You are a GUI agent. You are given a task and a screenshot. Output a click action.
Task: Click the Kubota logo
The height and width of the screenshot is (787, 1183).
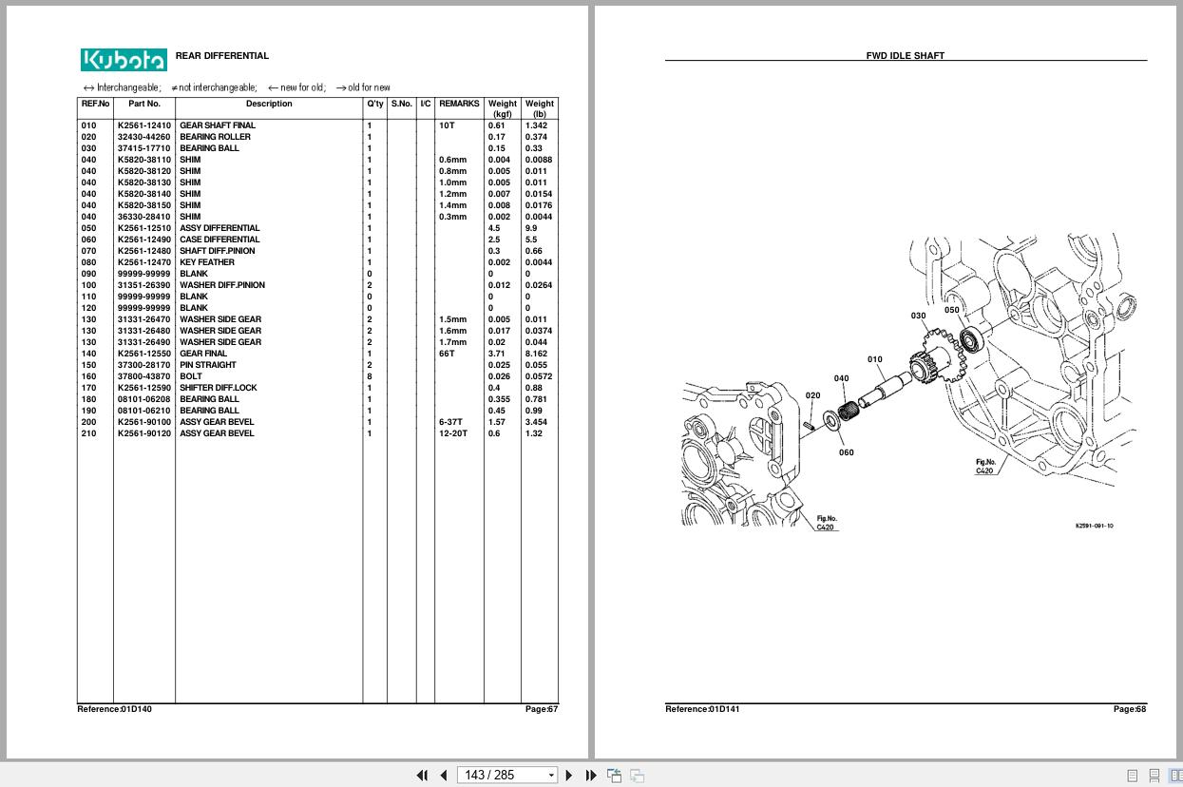point(124,60)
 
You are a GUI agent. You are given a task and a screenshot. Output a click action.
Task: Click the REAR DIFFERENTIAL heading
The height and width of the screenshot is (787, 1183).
point(221,56)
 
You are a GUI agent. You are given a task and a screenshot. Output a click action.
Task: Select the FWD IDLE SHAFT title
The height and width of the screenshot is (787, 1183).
point(905,56)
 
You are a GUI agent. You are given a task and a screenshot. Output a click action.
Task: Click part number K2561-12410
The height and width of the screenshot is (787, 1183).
point(144,125)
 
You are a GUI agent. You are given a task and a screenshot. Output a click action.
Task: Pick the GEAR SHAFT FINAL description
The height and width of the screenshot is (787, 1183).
point(218,125)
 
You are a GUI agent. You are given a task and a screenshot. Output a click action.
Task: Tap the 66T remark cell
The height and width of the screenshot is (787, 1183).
point(447,354)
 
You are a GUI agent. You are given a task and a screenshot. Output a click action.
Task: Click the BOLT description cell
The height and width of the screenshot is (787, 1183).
point(191,376)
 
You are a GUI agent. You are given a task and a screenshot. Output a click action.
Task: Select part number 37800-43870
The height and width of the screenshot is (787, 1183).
point(144,376)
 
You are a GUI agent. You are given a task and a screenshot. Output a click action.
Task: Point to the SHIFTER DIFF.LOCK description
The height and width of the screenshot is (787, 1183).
point(219,388)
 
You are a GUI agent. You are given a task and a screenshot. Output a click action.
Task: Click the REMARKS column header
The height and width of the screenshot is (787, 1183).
point(459,104)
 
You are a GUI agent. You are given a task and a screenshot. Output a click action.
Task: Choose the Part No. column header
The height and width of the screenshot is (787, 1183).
point(144,104)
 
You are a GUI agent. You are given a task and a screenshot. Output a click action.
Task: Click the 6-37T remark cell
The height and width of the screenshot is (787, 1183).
point(449,422)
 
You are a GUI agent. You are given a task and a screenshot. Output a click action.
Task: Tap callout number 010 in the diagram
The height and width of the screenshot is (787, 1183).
point(874,359)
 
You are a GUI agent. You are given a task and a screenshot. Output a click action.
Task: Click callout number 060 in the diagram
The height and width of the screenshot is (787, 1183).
point(846,452)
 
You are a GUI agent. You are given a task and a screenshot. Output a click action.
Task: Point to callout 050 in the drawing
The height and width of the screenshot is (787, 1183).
point(951,310)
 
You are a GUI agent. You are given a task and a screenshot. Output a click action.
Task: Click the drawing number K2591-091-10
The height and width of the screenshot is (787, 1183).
point(1094,526)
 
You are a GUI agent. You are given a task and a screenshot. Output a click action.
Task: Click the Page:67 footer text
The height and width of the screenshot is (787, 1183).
point(542,709)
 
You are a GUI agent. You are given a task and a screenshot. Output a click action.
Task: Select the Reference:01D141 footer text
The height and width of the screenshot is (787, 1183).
point(702,709)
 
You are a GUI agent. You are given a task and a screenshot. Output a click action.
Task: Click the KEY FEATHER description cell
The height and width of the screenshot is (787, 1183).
point(207,262)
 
